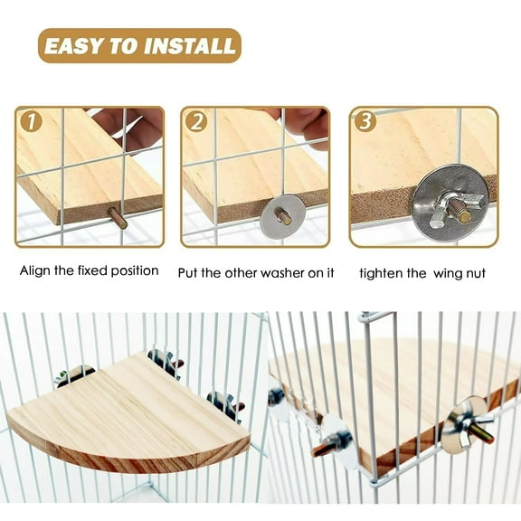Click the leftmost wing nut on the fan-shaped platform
72,374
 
